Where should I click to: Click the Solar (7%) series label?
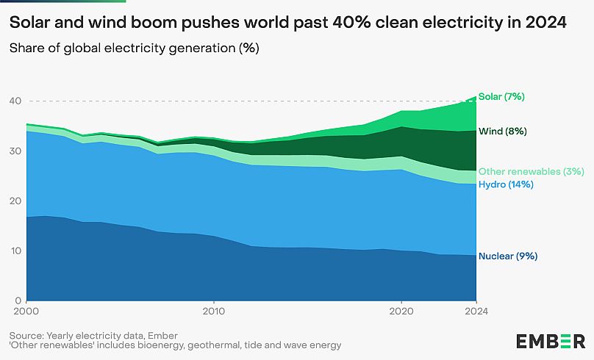pos(501,96)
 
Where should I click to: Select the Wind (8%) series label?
pos(501,132)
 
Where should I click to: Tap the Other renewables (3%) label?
pos(531,172)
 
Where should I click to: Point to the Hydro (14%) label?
pos(506,184)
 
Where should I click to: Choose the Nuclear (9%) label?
pos(508,256)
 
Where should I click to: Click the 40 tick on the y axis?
pos(15,101)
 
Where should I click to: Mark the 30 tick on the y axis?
pos(15,151)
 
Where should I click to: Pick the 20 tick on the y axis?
pos(15,201)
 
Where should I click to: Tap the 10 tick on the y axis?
pos(15,251)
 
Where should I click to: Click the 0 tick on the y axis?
pos(18,301)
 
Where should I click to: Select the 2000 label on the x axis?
pos(26,311)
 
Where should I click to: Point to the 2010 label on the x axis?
pos(214,311)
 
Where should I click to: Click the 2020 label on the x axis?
pos(401,311)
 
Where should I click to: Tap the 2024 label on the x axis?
pos(476,311)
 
